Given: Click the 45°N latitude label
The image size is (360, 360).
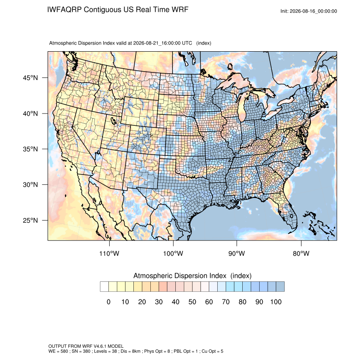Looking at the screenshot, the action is coord(30,78).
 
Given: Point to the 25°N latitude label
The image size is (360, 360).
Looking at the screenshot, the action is coord(30,220).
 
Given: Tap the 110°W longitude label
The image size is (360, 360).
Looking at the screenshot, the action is coord(109,253).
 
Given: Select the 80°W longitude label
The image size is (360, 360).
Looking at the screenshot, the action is coord(301,253).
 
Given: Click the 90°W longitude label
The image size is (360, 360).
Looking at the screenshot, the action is coord(236,253).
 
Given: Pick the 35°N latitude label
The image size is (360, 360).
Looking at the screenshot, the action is coord(30,149).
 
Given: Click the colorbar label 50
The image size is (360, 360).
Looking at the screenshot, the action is coord(192,302).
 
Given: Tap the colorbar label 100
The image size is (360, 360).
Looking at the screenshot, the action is coord(276,302).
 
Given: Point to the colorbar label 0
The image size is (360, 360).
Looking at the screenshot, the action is coord(108,302).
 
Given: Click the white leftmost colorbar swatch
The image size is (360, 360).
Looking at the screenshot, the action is coord(104,287).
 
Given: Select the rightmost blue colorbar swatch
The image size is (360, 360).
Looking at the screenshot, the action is coord(280,287).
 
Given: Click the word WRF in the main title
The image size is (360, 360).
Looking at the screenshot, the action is coord(180,10).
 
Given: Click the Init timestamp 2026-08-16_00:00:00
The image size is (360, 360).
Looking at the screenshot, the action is coord(313,11).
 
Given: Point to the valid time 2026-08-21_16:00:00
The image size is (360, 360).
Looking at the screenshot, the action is coord(157,43).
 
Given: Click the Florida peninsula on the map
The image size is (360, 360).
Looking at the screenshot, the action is coord(288,211).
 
